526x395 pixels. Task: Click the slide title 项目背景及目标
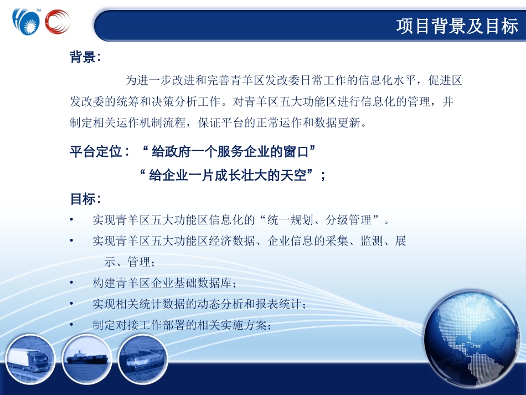[457, 26]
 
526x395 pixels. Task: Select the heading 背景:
[85, 57]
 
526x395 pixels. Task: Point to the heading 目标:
[85, 199]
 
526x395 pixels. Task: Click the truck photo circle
[30, 360]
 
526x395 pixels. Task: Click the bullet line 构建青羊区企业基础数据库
[164, 284]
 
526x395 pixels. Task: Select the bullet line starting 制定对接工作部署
[182, 326]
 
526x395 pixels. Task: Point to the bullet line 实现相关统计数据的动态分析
[199, 305]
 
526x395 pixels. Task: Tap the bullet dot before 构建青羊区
[72, 283]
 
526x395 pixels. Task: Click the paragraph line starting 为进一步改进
[293, 81]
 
